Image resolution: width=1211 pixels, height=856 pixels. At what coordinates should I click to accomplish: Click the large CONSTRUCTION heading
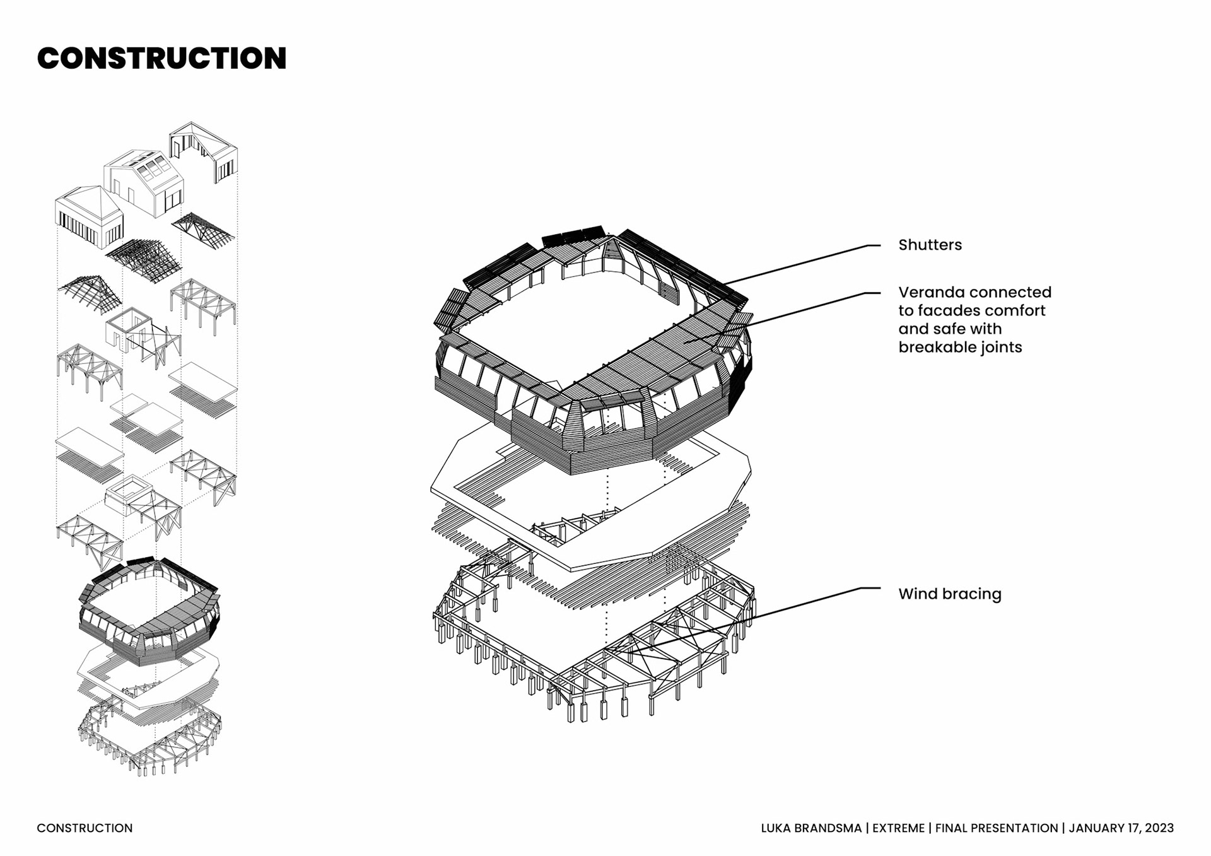161,58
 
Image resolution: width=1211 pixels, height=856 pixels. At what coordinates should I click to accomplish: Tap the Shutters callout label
930,245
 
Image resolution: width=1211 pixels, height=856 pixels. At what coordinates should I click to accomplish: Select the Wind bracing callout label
949,594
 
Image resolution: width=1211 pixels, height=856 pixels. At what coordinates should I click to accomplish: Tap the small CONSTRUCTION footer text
85,828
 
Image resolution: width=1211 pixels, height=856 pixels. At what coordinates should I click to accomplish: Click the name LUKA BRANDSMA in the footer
810,828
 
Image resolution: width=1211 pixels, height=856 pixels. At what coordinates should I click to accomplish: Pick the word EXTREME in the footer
898,828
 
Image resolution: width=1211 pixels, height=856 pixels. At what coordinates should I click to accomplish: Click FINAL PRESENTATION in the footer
996,828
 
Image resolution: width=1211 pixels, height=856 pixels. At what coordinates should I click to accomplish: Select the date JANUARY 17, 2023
1121,828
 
